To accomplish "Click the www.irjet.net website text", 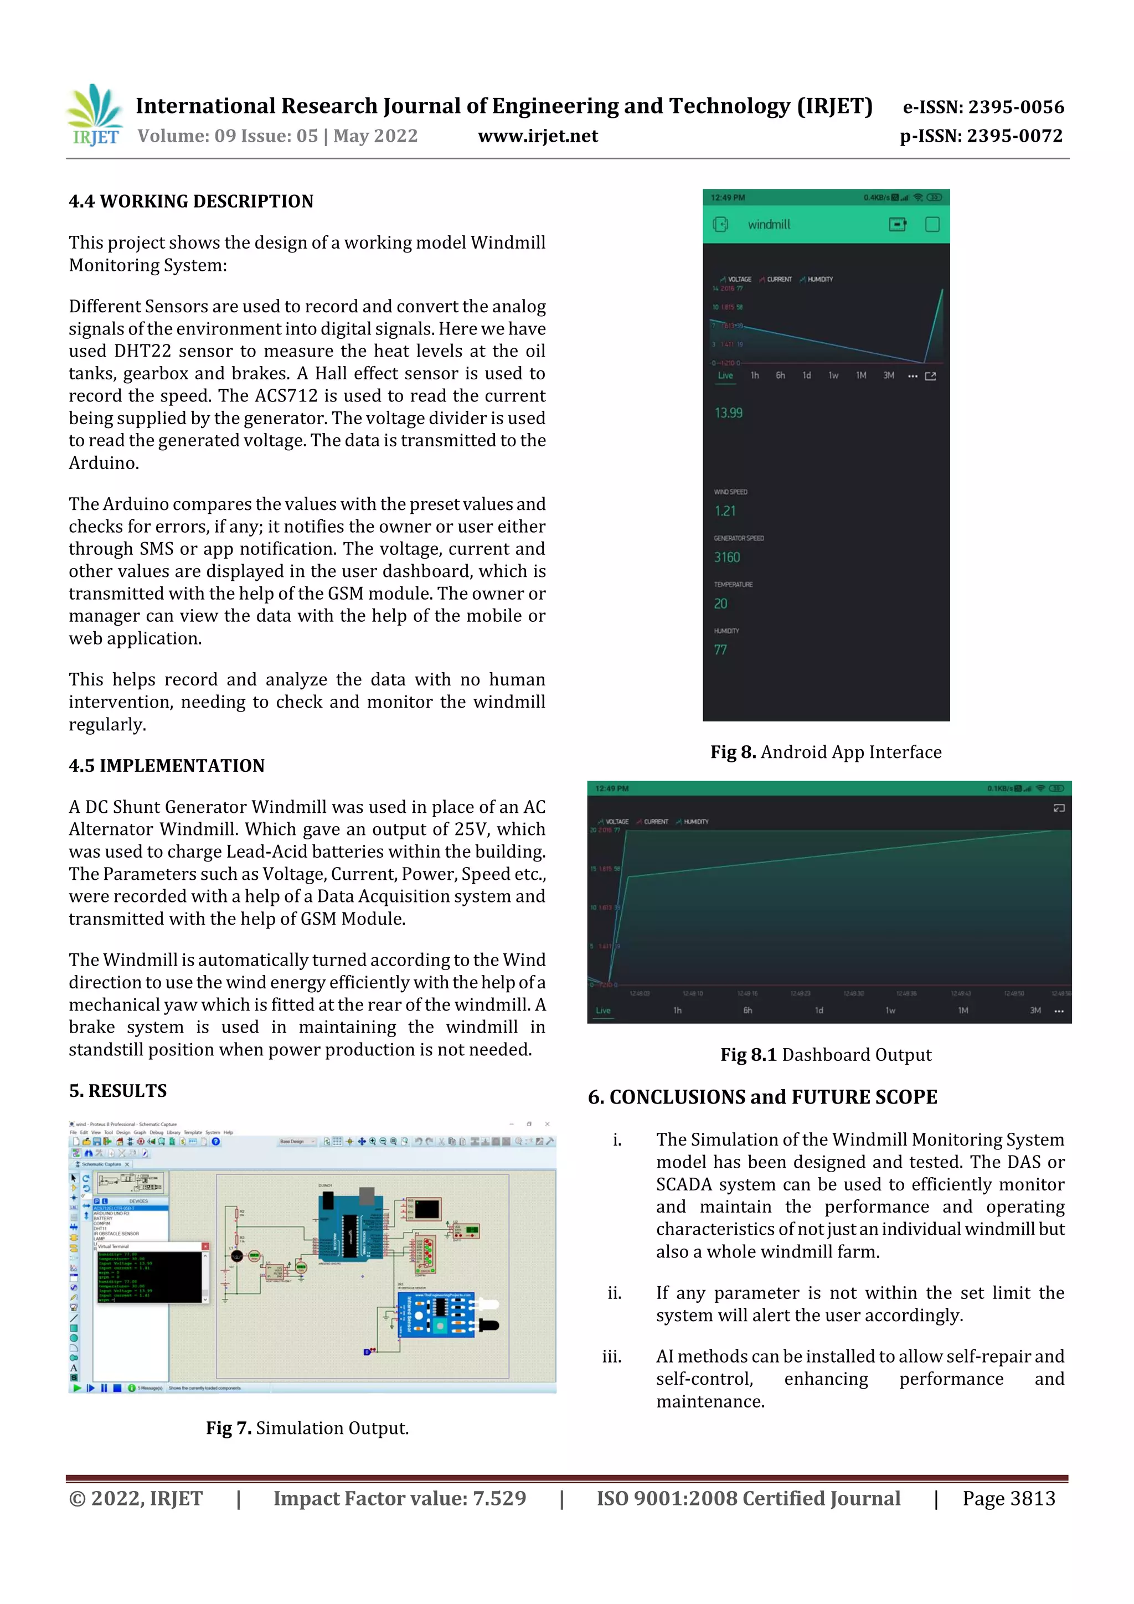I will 537,136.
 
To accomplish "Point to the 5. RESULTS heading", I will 117,1091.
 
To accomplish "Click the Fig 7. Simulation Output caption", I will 307,1428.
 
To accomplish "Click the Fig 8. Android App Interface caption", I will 826,752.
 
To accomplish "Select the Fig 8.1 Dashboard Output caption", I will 826,1054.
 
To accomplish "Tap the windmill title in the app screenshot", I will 769,224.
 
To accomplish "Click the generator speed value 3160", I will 726,558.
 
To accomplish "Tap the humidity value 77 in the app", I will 720,649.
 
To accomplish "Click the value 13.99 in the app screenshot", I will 728,413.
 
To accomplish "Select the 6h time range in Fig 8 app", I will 780,376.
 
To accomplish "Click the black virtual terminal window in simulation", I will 150,1276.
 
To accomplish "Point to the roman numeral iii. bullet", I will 611,1357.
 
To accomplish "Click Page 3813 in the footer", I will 1008,1498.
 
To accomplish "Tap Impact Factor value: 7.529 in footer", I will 400,1498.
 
